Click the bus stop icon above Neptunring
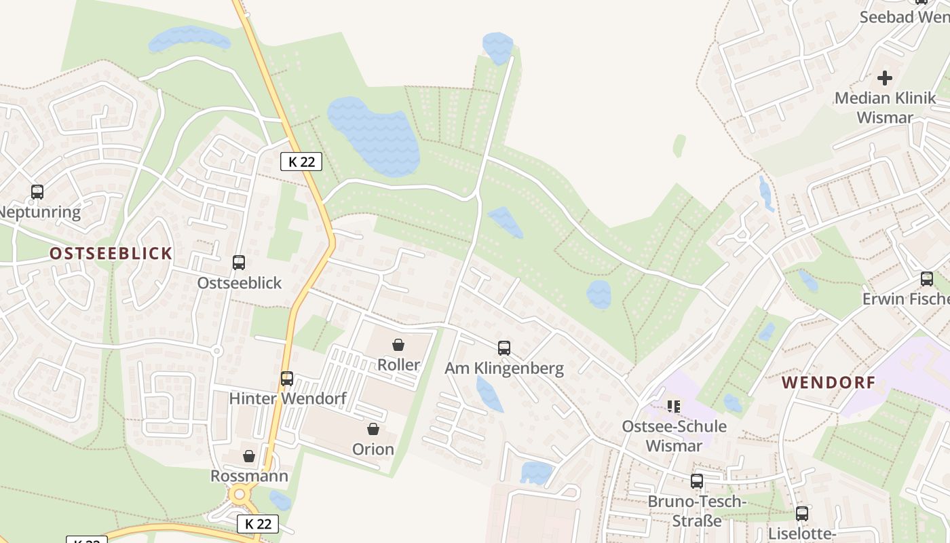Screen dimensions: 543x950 [37, 192]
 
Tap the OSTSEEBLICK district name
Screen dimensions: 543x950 [111, 254]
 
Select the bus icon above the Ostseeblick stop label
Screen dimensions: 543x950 [238, 262]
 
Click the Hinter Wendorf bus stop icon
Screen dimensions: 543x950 [287, 378]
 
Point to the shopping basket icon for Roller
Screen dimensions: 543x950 [398, 345]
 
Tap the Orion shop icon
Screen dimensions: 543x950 [373, 429]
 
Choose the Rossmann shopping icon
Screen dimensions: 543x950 [249, 456]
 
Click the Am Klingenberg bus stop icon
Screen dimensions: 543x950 [503, 348]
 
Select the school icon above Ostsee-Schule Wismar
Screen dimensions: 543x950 [673, 407]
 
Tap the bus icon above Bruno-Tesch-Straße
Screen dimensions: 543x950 [696, 481]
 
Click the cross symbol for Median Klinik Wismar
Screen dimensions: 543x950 [884, 78]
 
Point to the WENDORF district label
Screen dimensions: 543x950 [829, 382]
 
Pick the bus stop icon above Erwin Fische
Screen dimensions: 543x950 [926, 278]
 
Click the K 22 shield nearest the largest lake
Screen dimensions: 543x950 [301, 162]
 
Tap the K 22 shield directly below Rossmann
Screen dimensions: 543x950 [258, 524]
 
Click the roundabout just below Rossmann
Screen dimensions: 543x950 [238, 495]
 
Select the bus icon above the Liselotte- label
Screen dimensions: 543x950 [801, 513]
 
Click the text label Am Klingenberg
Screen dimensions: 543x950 [503, 369]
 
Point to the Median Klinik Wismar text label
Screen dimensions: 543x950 [884, 107]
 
